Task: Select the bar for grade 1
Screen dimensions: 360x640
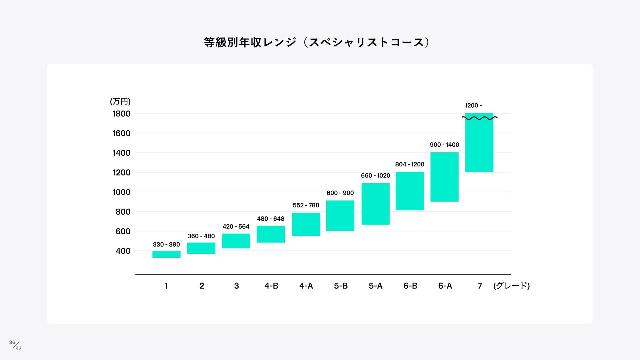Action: tap(166, 254)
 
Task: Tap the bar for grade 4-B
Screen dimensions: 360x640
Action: tap(271, 234)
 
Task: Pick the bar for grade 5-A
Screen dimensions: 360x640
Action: tap(375, 204)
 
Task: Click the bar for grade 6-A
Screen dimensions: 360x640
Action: tap(444, 177)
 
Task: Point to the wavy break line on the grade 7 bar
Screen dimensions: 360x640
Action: tap(479, 118)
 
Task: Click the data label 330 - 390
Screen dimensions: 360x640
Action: tap(166, 245)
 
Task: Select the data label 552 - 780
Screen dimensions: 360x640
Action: tap(306, 205)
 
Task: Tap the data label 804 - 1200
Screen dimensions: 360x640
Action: tap(410, 164)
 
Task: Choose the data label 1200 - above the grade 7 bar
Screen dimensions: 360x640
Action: tap(473, 106)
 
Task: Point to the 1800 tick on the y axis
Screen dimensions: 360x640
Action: tap(121, 114)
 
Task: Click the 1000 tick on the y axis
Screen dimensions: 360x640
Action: tap(121, 192)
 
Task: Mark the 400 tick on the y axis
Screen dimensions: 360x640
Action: tap(123, 251)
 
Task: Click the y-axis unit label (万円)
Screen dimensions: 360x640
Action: tap(120, 101)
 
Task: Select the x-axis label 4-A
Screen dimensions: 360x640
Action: tap(306, 286)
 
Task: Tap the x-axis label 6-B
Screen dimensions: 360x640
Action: tap(410, 286)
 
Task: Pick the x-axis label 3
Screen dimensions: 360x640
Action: tap(236, 286)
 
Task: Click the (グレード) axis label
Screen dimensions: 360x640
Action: tap(511, 286)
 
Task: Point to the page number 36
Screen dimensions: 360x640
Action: tap(12, 342)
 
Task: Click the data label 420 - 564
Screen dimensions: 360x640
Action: tap(236, 227)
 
